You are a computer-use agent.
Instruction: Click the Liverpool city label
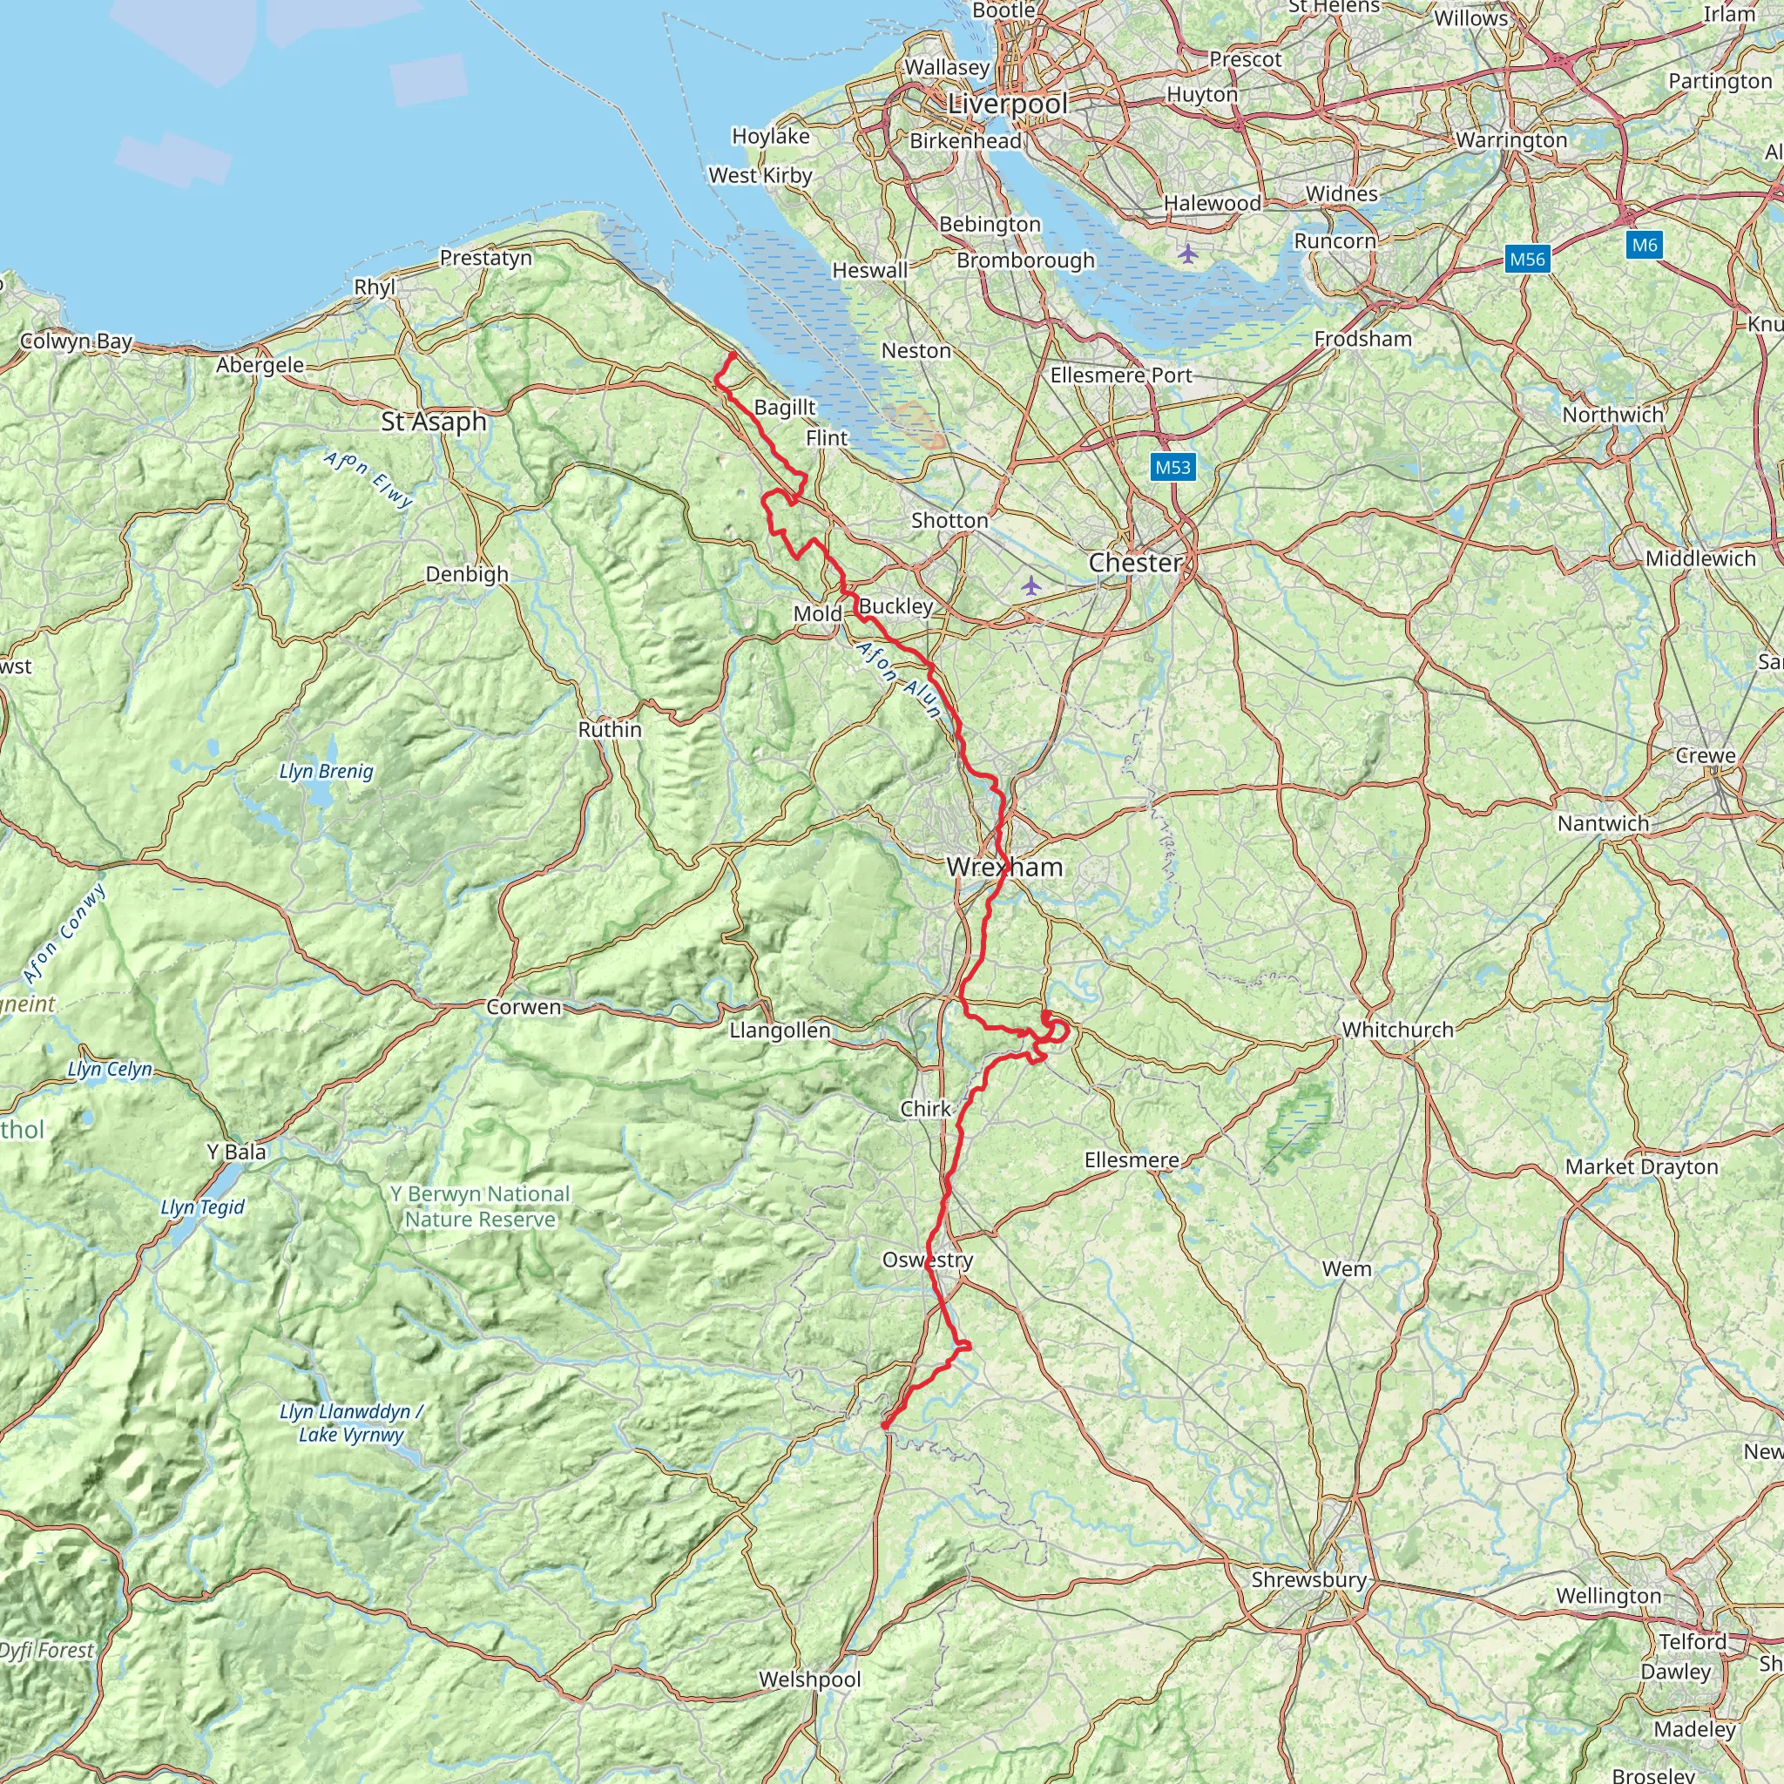(x=1008, y=105)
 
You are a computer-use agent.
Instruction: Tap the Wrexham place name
(x=1004, y=867)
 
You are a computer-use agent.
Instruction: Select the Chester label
(x=1135, y=563)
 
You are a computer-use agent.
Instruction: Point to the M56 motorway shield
(x=1526, y=260)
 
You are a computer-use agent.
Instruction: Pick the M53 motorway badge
(x=1172, y=467)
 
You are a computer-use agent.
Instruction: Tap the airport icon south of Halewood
(x=1187, y=252)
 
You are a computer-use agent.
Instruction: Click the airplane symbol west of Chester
(x=1031, y=585)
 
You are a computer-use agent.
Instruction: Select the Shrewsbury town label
(x=1308, y=1579)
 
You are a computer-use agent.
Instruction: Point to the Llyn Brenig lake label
(x=326, y=771)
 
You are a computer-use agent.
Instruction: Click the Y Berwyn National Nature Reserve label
(x=480, y=1206)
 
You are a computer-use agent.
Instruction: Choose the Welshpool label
(x=810, y=1679)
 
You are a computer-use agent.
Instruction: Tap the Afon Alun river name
(x=898, y=680)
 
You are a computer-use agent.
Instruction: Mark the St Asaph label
(x=434, y=422)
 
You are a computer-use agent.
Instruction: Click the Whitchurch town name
(x=1397, y=1030)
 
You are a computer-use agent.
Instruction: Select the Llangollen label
(x=780, y=1030)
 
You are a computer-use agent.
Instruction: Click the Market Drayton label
(x=1641, y=1167)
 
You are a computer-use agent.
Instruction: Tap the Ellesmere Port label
(x=1121, y=375)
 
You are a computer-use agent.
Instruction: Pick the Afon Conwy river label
(x=64, y=934)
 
